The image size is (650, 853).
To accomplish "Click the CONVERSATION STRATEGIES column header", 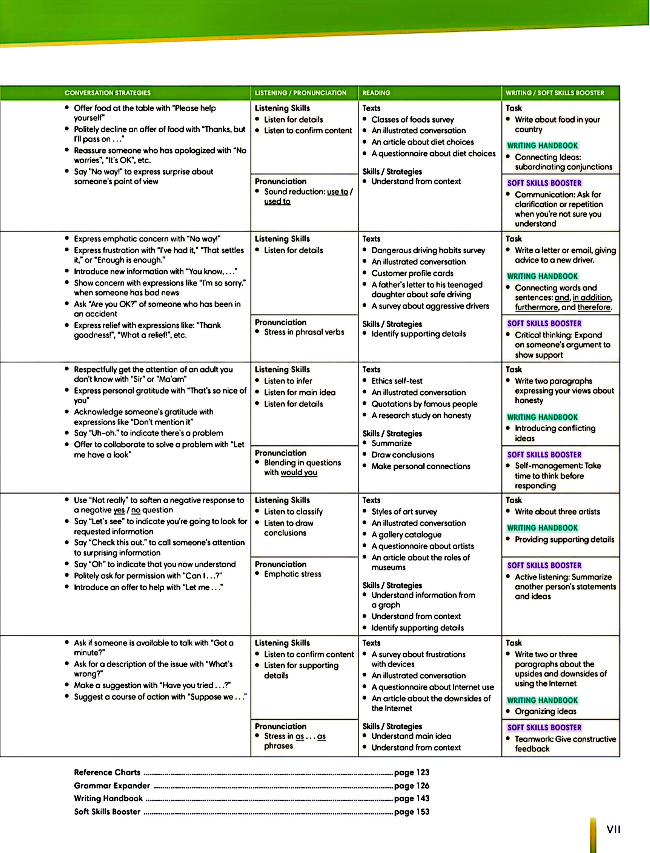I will click(107, 93).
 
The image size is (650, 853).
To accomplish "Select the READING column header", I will click(376, 93).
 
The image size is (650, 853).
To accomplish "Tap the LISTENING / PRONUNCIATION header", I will click(301, 93).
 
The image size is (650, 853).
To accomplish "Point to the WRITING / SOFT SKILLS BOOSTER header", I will click(554, 93).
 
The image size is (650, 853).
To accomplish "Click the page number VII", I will click(613, 829).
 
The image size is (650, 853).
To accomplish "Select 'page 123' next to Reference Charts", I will click(412, 773).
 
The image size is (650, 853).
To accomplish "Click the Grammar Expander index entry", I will click(112, 786).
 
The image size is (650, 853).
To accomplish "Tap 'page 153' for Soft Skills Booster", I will click(412, 811).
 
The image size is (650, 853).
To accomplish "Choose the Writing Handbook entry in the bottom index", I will click(108, 798).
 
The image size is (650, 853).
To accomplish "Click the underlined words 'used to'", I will click(277, 202).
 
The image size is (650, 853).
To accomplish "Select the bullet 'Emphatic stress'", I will click(293, 574).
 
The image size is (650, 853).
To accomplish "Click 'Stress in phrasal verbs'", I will click(304, 332).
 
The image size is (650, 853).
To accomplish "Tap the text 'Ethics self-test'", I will click(397, 381).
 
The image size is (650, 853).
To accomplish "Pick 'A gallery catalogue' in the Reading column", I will click(406, 535).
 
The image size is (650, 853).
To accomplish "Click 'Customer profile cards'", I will click(413, 273).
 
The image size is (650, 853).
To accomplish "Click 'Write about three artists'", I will click(557, 512).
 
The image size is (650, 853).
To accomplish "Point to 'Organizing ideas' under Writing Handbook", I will click(546, 711).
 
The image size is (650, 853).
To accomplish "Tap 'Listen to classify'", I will click(293, 512).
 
